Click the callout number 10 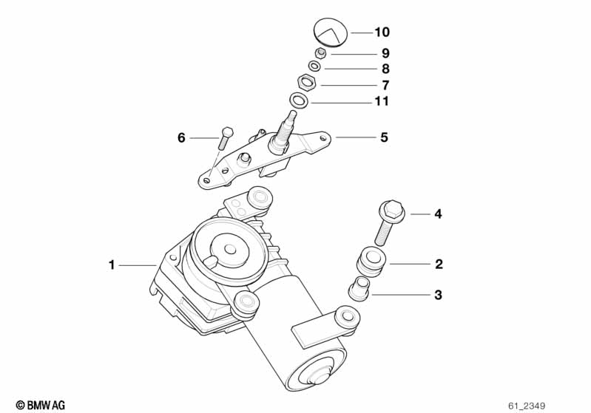(x=381, y=33)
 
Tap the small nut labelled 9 (x=321, y=53)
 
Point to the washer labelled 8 (x=314, y=68)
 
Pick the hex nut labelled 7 (x=307, y=83)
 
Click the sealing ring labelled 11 (x=300, y=100)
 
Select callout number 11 (x=381, y=101)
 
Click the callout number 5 (x=384, y=137)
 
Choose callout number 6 (x=180, y=137)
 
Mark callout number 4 (x=438, y=214)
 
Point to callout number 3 (x=438, y=295)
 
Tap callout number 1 (x=112, y=264)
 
